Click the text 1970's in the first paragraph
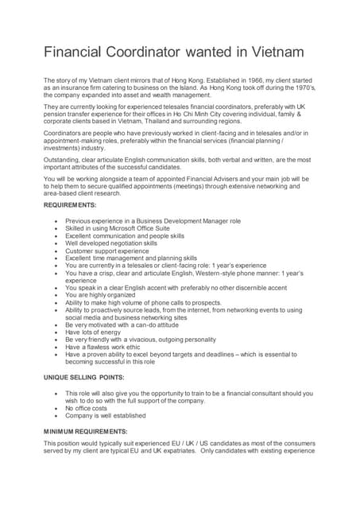click(x=296, y=87)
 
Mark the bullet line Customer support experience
click(x=106, y=251)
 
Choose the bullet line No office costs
click(x=88, y=407)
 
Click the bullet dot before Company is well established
click(x=53, y=414)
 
